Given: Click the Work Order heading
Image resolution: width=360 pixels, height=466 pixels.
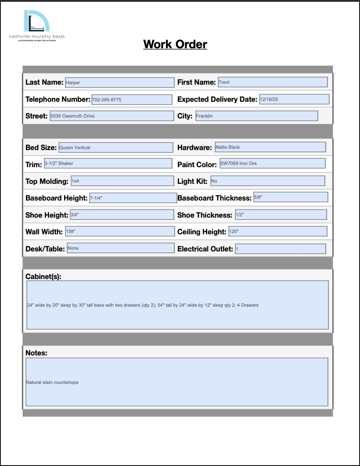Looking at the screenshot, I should tap(175, 44).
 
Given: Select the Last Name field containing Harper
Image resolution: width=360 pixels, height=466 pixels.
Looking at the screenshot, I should tap(119, 82).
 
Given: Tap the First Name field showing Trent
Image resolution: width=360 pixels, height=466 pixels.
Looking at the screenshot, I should tap(272, 82).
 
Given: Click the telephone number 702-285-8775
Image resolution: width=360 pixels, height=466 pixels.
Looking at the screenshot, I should tap(131, 100).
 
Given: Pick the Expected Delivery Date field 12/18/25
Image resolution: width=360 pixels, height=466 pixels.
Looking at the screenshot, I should tap(294, 99).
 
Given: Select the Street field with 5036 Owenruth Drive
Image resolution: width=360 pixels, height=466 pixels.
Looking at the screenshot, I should tap(112, 116).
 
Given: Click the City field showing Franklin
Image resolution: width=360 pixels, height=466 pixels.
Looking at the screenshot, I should tap(256, 116).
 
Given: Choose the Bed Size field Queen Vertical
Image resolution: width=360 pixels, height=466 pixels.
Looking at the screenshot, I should tap(115, 147).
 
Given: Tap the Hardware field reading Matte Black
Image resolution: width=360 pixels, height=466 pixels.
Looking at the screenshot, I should tap(270, 147).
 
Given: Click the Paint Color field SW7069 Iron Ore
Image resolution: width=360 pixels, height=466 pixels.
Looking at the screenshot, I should tap(272, 164).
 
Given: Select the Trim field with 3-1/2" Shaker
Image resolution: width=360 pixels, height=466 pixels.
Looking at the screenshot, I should tap(108, 164).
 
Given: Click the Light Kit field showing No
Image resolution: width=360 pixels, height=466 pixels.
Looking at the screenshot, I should tap(267, 181).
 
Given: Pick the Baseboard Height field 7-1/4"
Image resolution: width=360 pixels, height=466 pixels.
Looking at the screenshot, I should tap(133, 198).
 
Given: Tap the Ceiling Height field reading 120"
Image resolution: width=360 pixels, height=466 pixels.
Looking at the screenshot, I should tap(277, 231).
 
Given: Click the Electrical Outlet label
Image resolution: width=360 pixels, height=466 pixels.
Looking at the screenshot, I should tap(205, 249).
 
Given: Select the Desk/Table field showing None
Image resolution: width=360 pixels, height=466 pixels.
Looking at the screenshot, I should tap(120, 248).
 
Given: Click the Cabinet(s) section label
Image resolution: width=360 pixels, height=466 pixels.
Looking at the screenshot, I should tap(43, 276).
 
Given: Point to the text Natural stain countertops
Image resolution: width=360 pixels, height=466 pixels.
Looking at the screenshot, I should tap(52, 383).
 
